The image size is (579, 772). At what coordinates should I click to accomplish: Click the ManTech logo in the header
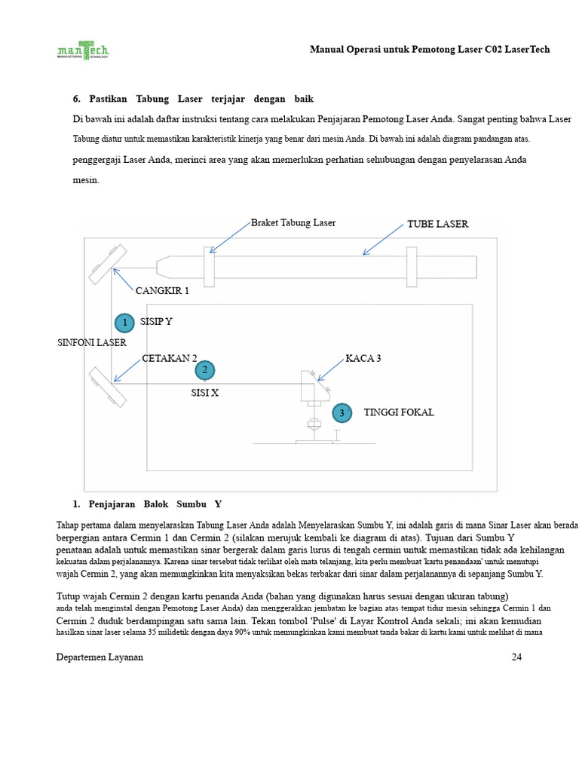click(83, 50)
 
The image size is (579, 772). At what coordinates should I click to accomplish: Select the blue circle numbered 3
click(342, 413)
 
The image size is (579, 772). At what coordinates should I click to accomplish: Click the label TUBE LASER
click(437, 224)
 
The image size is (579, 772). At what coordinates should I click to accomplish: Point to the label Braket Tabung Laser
click(293, 222)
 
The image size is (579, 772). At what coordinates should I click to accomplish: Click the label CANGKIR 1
click(162, 290)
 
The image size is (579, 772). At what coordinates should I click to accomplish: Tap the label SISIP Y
click(156, 321)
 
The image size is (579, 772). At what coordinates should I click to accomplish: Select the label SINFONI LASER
click(92, 342)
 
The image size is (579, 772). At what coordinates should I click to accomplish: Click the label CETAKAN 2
click(170, 358)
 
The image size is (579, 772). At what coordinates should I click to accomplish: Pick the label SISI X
click(204, 393)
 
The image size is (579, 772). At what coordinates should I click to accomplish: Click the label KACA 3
click(363, 358)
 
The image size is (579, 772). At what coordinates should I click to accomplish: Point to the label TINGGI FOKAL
click(399, 412)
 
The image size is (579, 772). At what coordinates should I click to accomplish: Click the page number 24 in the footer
click(516, 657)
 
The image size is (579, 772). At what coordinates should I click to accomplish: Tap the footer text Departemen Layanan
click(100, 657)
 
